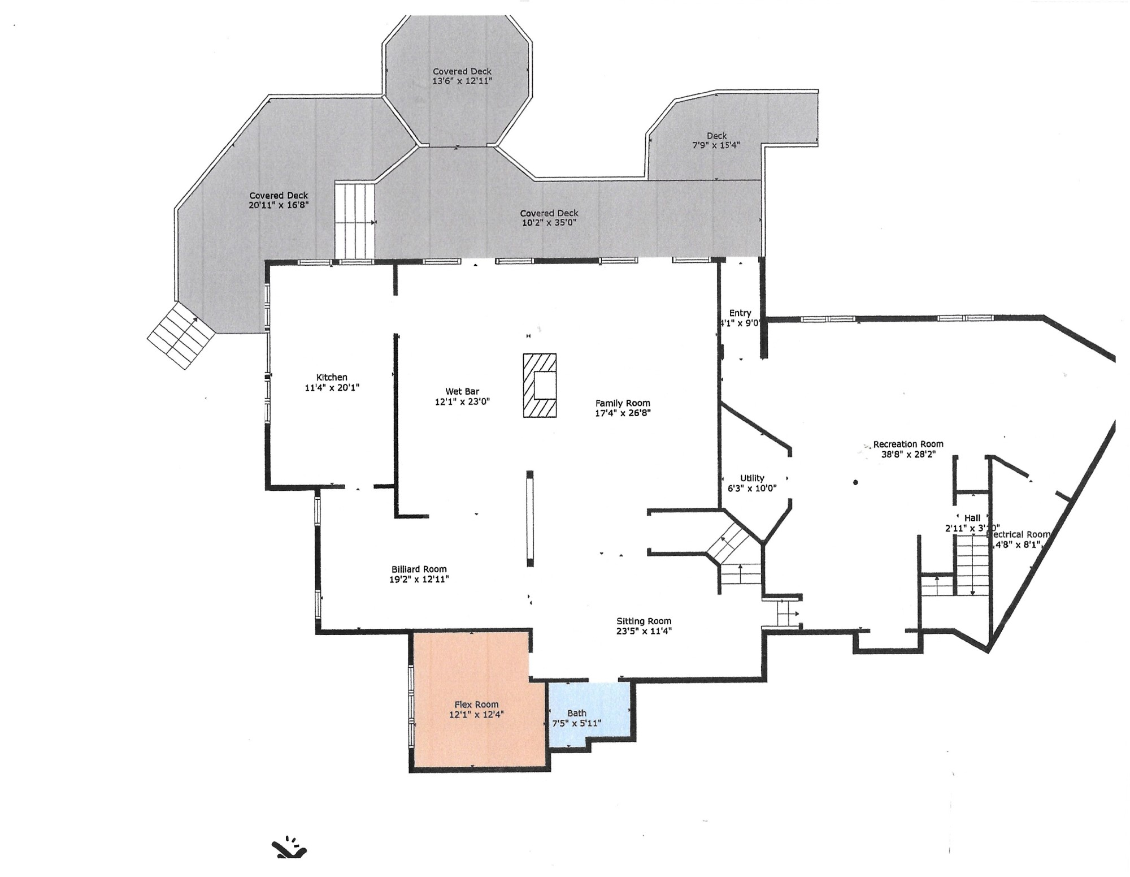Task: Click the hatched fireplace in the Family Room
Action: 540,385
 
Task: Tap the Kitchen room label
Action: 332,377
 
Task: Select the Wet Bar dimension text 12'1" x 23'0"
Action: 462,401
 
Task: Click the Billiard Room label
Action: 419,569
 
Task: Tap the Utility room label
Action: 752,478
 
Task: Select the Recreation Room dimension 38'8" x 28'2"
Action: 909,453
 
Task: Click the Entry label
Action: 740,313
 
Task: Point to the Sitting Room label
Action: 644,621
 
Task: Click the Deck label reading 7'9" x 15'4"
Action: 716,145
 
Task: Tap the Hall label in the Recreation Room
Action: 972,517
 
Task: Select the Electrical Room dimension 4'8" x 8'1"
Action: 1018,545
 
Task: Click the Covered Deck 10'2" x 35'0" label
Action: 549,223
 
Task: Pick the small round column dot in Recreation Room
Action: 855,482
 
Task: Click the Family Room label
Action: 623,403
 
